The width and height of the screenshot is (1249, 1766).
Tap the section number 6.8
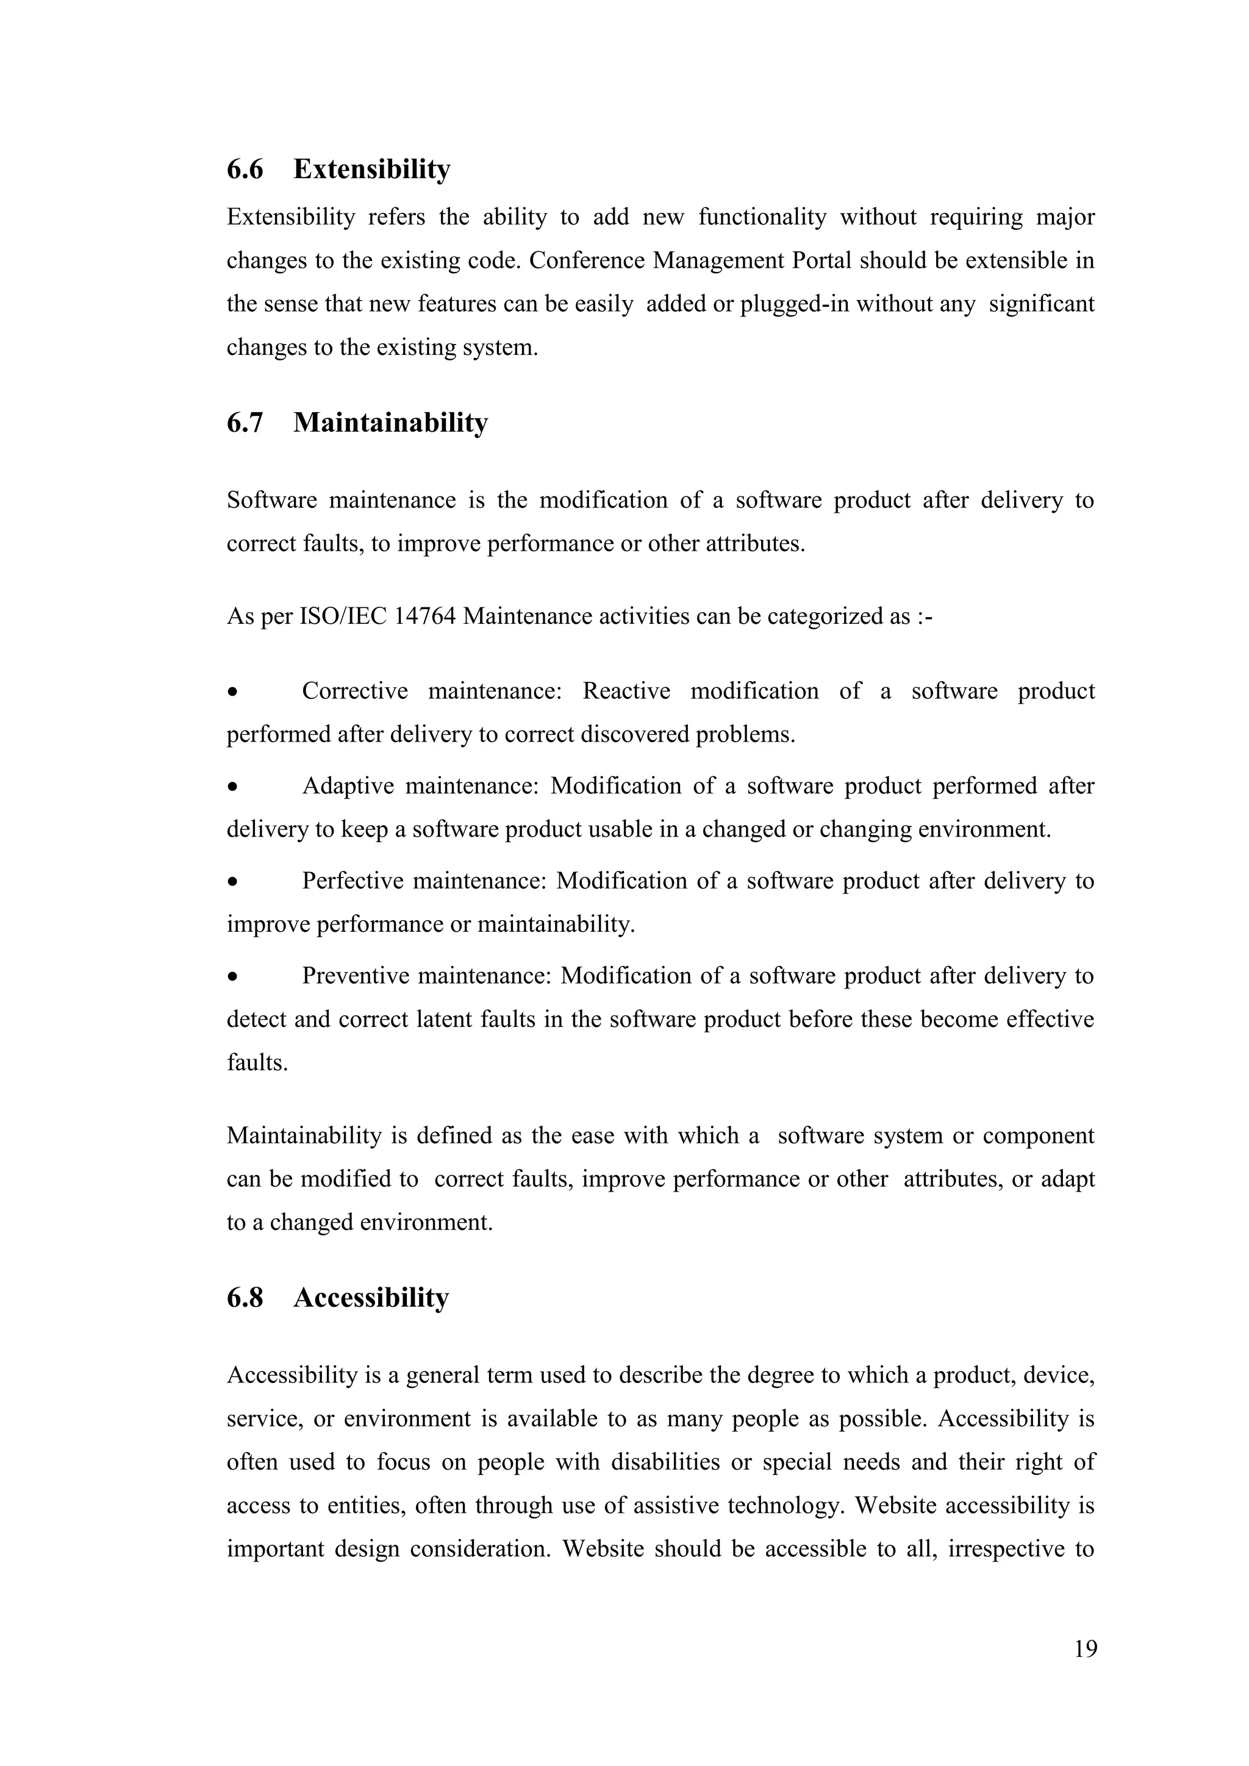pyautogui.click(x=245, y=1298)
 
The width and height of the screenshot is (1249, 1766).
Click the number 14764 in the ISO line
pyautogui.click(x=424, y=617)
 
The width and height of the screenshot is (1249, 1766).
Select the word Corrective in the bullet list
pyautogui.click(x=354, y=691)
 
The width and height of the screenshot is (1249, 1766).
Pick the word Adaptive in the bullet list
pyautogui.click(x=348, y=786)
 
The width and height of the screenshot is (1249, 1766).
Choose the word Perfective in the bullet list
pyautogui.click(x=353, y=881)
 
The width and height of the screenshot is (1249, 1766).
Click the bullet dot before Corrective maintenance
pyautogui.click(x=232, y=692)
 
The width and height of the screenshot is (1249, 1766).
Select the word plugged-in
pyautogui.click(x=793, y=304)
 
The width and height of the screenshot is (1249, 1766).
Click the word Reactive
pyautogui.click(x=626, y=691)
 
